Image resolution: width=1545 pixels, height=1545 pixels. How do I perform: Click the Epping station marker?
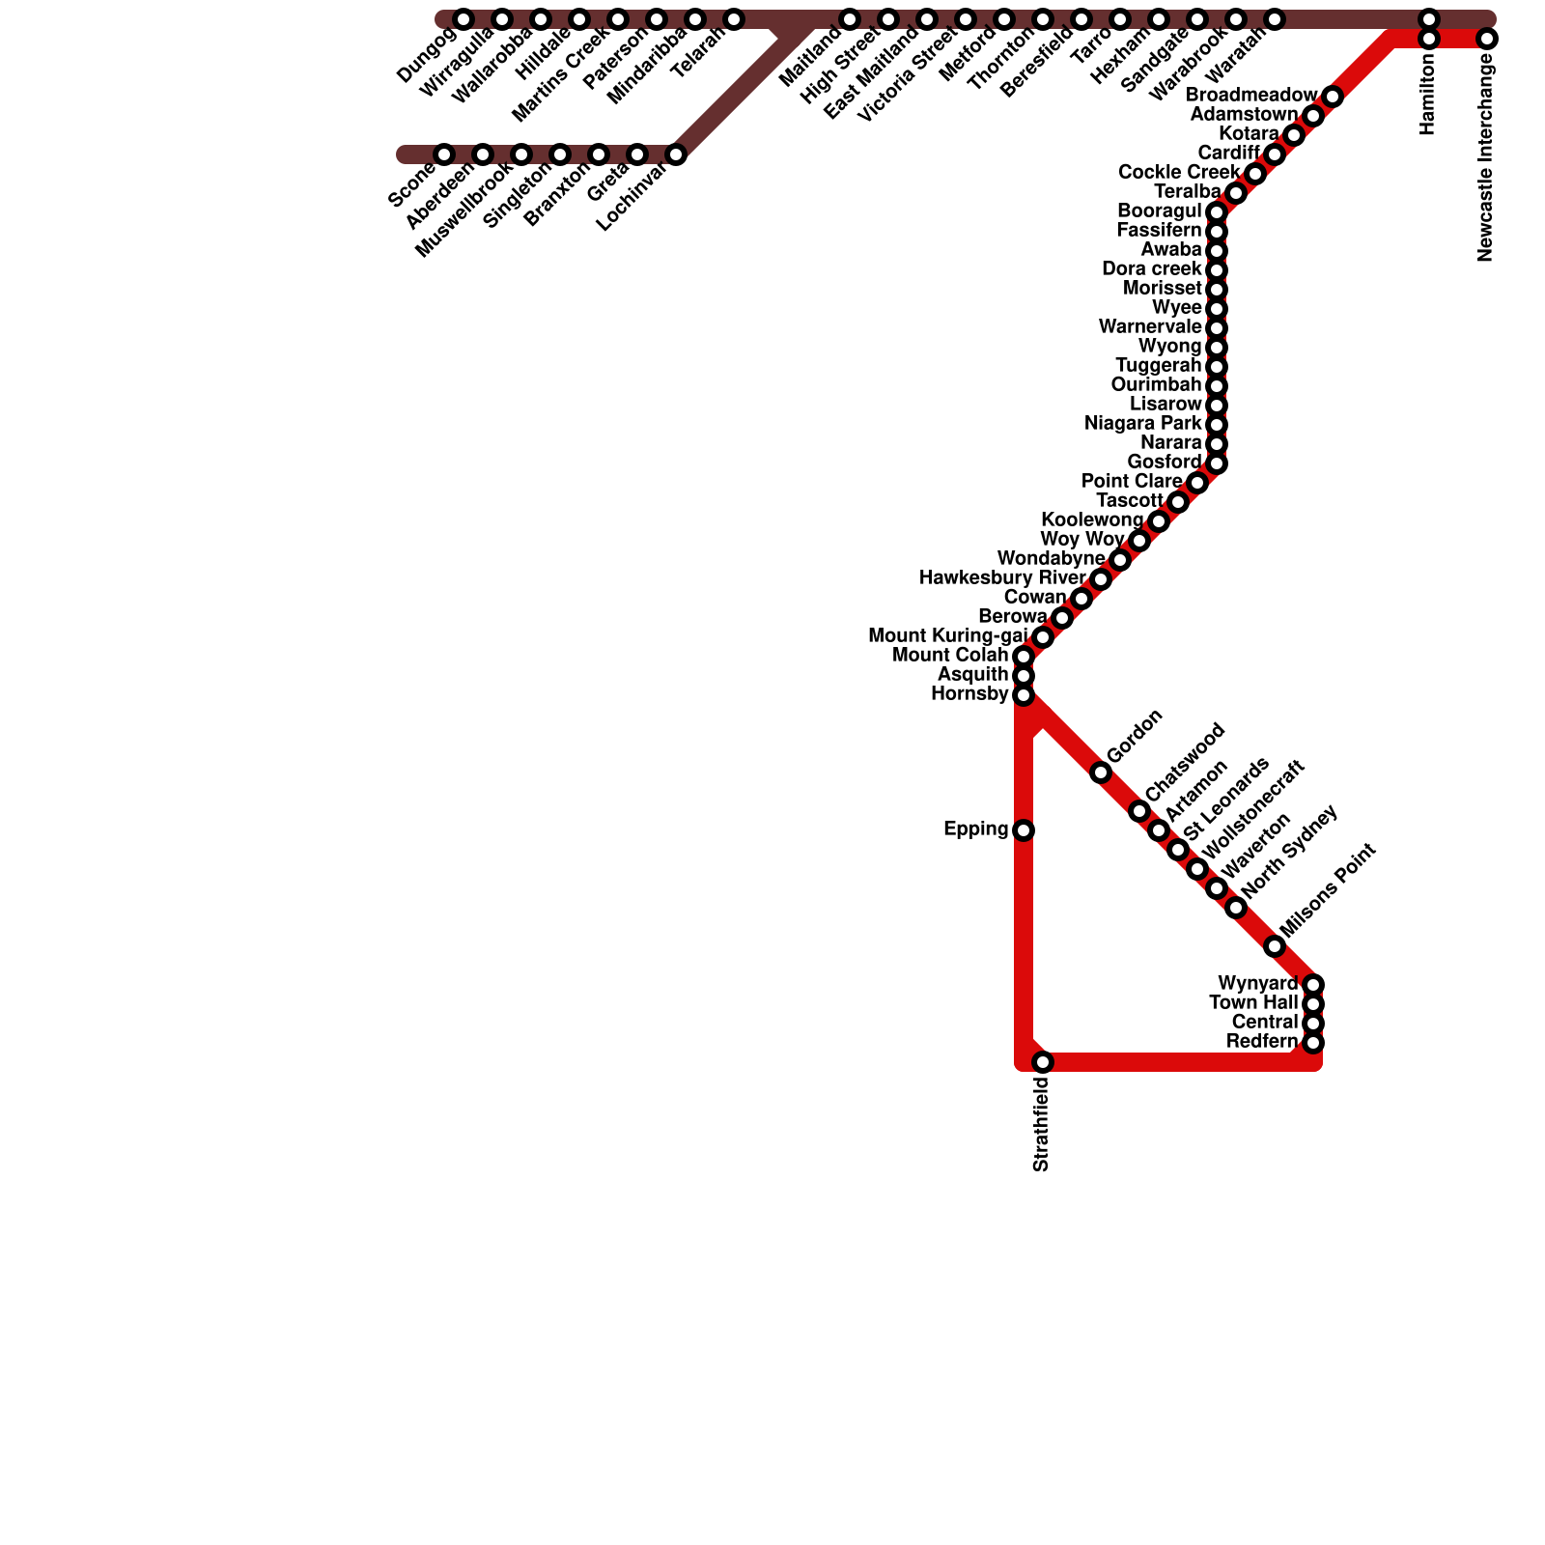pyautogui.click(x=1024, y=830)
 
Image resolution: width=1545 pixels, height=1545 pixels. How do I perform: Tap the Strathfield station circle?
pyautogui.click(x=1043, y=1062)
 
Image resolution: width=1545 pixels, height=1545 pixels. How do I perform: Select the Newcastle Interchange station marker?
pyautogui.click(x=1487, y=39)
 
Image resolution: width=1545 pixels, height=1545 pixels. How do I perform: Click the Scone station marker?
pyautogui.click(x=444, y=154)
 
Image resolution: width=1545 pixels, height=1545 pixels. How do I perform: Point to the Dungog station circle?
pyautogui.click(x=463, y=19)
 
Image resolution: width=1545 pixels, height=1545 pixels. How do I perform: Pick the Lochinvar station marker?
pyautogui.click(x=676, y=154)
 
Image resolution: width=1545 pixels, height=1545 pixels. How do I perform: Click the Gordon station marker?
pyautogui.click(x=1101, y=772)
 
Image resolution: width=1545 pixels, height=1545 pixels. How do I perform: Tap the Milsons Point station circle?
pyautogui.click(x=1275, y=946)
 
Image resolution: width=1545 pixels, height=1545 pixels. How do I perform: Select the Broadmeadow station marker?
pyautogui.click(x=1333, y=97)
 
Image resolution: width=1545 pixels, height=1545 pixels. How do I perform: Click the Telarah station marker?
pyautogui.click(x=734, y=19)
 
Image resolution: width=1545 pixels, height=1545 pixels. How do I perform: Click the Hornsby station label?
pyautogui.click(x=969, y=694)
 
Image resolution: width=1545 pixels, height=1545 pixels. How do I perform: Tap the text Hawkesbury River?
pyautogui.click(x=1002, y=578)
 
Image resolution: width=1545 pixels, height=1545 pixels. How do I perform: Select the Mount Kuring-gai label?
pyautogui.click(x=946, y=636)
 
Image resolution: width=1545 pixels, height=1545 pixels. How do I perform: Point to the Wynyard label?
pyautogui.click(x=1257, y=984)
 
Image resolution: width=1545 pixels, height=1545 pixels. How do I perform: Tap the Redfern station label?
pyautogui.click(x=1261, y=1042)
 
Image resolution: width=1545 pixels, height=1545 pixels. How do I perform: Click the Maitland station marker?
pyautogui.click(x=850, y=19)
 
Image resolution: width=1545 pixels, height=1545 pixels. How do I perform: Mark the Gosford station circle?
pyautogui.click(x=1217, y=463)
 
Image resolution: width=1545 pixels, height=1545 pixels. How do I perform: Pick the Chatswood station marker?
pyautogui.click(x=1139, y=811)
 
